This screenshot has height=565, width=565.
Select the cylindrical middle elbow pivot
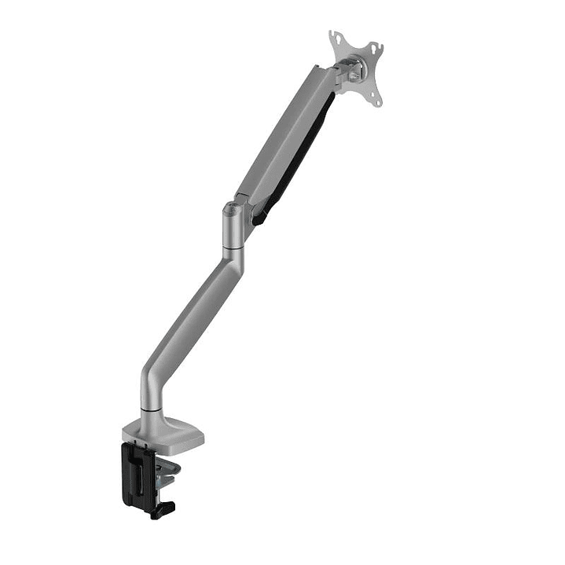232,228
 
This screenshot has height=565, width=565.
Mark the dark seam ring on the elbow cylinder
232,248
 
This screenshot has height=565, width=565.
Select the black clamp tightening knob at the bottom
163,511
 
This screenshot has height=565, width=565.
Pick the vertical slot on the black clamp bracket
140,476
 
